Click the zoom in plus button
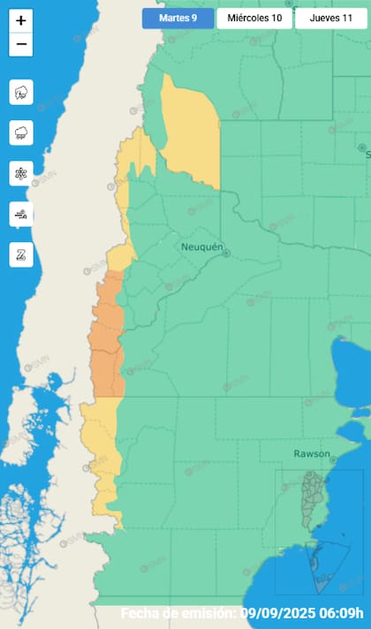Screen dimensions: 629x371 pos(21,20)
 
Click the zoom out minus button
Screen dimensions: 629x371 pos(21,43)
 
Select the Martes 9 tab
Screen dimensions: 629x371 pos(178,18)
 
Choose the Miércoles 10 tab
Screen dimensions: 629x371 pos(254,18)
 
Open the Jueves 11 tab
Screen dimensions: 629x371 pos(330,18)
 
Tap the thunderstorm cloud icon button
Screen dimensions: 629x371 pos(21,91)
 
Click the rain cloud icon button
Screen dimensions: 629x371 pos(21,133)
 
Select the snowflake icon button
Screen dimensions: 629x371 pos(21,173)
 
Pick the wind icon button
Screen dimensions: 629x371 pos(21,214)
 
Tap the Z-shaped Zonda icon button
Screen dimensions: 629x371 pos(21,254)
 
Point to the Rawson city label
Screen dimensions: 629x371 pos(312,454)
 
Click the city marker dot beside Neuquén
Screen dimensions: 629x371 pos(226,254)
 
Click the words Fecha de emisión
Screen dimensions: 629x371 pos(177,613)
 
